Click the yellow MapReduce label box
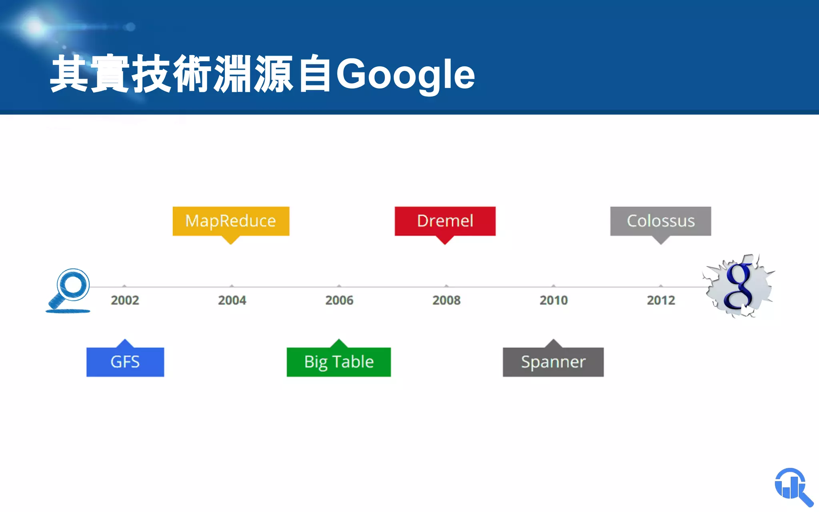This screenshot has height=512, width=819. click(x=231, y=221)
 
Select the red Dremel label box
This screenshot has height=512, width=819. click(x=445, y=221)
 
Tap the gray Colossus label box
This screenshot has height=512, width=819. click(x=660, y=221)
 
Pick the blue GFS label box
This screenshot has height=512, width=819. click(x=125, y=362)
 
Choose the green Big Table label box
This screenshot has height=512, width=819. click(x=339, y=362)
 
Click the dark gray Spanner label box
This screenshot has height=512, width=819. click(x=553, y=362)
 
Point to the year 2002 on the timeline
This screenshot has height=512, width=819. click(x=125, y=300)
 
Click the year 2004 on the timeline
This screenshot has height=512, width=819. click(x=232, y=300)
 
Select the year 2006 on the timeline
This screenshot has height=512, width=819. click(x=339, y=300)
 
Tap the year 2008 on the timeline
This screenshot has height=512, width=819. click(x=446, y=300)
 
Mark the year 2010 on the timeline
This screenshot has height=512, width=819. click(x=553, y=300)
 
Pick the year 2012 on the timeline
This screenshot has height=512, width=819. click(x=661, y=300)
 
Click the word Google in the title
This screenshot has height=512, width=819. click(x=405, y=74)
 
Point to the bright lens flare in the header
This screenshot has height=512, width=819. click(x=35, y=27)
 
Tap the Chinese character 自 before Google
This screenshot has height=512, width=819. click(x=315, y=74)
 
